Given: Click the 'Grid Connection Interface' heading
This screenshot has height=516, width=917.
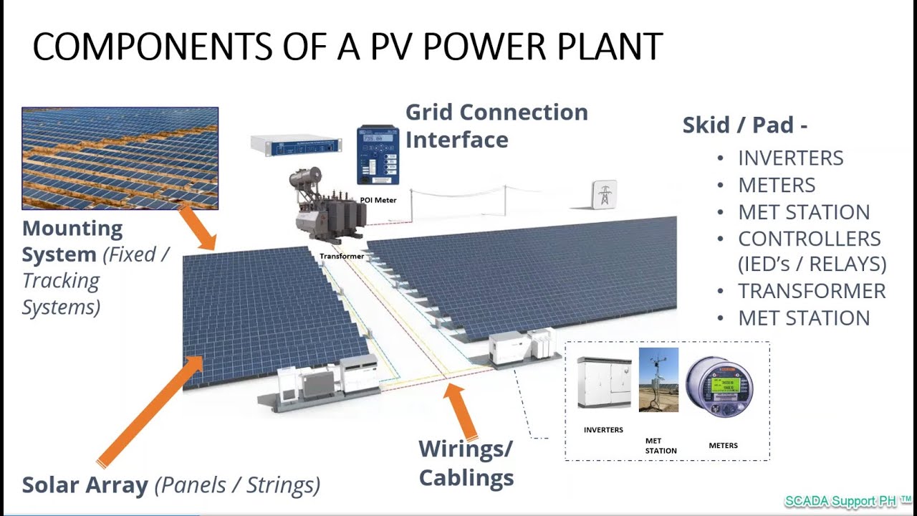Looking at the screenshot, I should coord(496,125).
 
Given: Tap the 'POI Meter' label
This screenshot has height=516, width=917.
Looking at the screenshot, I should coord(377,200).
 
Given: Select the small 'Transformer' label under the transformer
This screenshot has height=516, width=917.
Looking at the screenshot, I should coord(342,256).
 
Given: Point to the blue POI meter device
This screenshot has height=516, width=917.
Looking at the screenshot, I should coord(378,155).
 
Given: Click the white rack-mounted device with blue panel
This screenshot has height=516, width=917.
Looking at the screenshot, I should coord(297,145).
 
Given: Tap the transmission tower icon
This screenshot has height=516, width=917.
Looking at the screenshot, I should coord(604,194).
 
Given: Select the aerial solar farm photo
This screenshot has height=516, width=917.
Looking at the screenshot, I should coord(120,158).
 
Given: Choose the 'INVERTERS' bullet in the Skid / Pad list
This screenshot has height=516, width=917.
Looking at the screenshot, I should coord(791,158).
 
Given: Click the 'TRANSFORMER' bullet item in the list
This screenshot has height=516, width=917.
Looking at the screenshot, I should coord(812,291).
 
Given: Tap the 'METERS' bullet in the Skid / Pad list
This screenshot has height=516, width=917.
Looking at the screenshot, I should coord(777,185).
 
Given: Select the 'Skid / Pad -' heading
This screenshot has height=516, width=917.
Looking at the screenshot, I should coord(745,125).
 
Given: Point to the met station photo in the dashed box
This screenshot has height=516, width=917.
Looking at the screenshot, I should coord(658,380).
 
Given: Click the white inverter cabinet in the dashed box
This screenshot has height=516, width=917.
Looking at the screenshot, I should coord(604,383).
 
